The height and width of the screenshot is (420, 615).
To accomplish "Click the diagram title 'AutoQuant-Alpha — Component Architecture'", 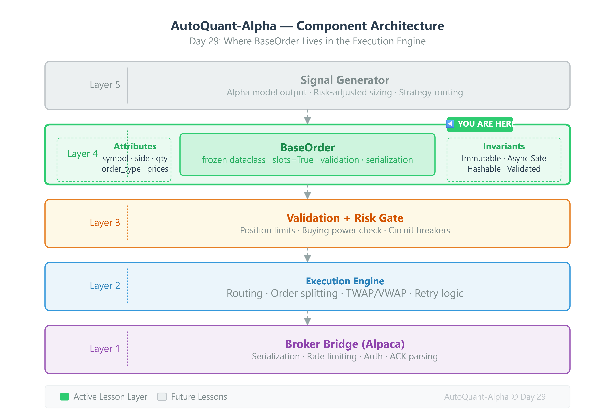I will click(307, 26).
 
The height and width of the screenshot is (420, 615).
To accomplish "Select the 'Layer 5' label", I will click(105, 85).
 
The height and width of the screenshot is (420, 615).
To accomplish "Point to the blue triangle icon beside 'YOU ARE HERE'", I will click(450, 124).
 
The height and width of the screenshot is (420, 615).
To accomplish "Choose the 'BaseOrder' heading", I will click(307, 147).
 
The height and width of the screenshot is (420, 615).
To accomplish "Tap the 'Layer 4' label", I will click(82, 153).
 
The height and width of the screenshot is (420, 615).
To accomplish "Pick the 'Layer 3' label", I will click(105, 223).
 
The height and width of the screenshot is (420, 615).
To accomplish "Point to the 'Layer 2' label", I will click(105, 286).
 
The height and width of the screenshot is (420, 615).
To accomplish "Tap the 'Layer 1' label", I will click(105, 349).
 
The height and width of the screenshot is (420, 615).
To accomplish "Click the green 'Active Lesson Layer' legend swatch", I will click(64, 397).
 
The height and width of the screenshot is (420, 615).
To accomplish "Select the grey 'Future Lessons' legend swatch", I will click(162, 397).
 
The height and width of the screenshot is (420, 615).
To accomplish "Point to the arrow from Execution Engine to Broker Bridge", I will click(307, 318).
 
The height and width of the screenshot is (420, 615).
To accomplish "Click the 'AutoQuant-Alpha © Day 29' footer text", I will click(495, 397).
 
